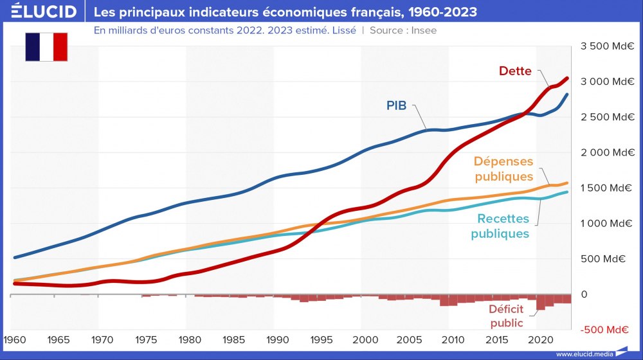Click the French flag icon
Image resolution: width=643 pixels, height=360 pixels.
point(46,47)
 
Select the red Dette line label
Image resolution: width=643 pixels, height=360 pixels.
point(515,71)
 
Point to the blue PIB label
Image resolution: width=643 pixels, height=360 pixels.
point(396,105)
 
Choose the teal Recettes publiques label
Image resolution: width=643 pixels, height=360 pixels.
point(500,226)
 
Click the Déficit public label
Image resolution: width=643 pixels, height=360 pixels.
point(506,316)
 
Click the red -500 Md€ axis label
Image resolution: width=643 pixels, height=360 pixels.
point(604,330)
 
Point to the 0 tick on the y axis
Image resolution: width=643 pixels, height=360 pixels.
point(584,294)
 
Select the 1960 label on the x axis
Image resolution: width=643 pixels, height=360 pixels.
point(14,339)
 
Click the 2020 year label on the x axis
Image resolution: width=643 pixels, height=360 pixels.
point(541,339)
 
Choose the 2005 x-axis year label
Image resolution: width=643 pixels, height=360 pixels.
point(409,339)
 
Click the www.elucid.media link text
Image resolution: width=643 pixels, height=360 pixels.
point(583,354)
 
